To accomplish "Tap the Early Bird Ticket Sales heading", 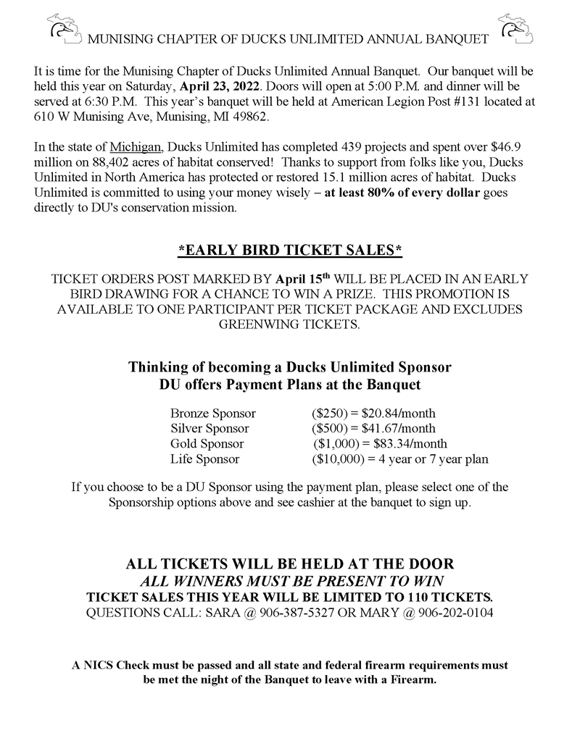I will point(290,251).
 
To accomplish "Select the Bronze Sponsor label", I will point(213,414).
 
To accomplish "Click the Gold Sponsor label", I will point(207,443).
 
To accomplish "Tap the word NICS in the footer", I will point(99,665).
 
